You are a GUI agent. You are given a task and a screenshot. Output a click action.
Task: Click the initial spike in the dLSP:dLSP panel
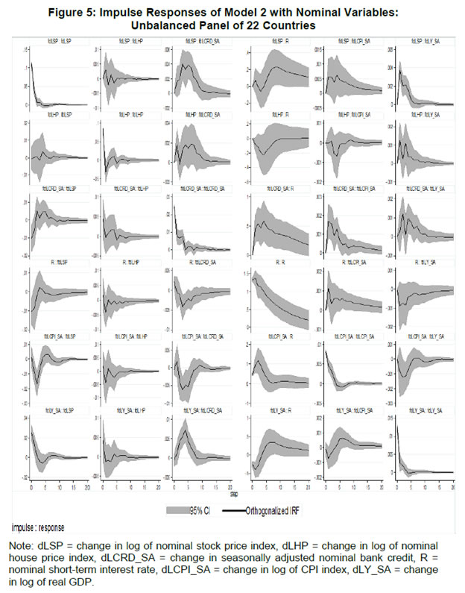click(32, 64)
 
